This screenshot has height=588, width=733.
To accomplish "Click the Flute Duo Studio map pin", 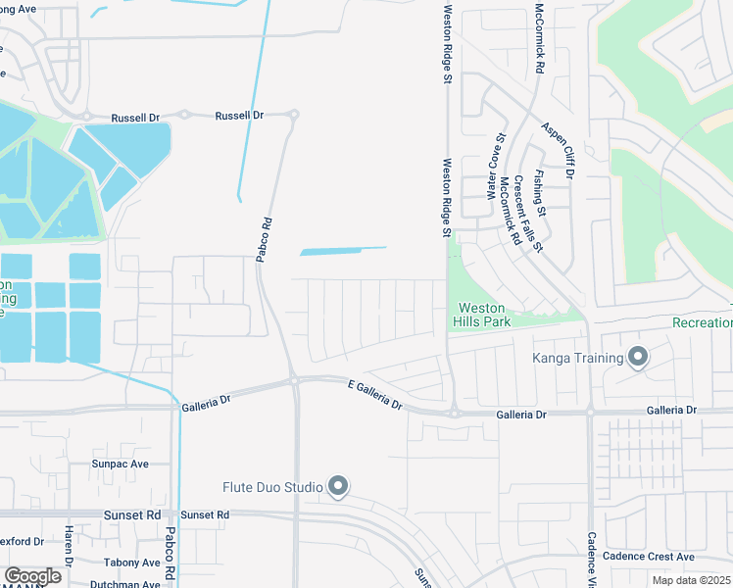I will pos(338,486).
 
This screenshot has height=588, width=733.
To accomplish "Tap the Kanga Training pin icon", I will pos(638,357).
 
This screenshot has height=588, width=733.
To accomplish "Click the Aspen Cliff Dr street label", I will pos(557,151).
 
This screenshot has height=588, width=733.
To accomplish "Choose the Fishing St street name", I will pos(539,192).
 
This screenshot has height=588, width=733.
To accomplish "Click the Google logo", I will pos(32,576).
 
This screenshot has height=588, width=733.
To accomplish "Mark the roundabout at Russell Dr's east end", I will pos(293,115).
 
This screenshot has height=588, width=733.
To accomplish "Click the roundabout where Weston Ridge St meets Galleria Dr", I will pos(455,414).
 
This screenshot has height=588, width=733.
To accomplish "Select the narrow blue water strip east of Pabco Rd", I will pos(342,251).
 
